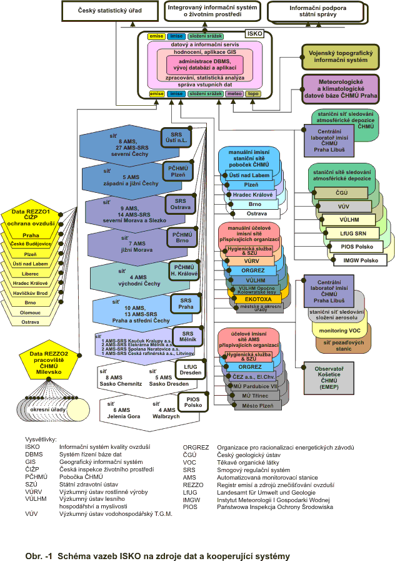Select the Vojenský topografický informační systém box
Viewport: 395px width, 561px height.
[x=340, y=56]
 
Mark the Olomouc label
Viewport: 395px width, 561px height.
[x=30, y=312]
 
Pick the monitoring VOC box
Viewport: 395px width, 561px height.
[x=341, y=330]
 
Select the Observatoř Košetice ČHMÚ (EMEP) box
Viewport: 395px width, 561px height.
[x=329, y=378]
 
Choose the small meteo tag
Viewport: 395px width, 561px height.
[x=234, y=94]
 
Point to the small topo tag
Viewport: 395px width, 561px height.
[x=253, y=94]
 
